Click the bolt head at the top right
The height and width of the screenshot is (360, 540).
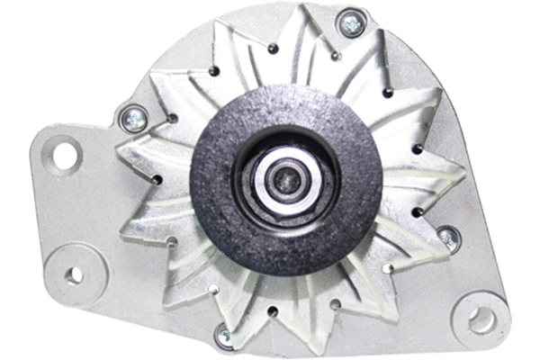coord(351,24)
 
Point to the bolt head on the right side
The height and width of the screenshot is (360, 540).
coord(447,238)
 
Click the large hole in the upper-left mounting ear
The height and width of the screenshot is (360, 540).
coord(65,155)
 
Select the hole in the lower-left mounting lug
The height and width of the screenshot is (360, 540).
coord(76,274)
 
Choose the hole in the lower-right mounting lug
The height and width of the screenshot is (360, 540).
coord(481,318)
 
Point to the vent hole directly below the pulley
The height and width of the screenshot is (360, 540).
coord(272,310)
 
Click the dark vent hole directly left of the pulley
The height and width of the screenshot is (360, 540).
coord(158,181)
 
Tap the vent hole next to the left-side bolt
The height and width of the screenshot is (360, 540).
coord(171,118)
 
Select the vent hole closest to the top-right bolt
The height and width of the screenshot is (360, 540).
coord(335,56)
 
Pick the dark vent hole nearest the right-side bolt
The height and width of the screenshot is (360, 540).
coord(418,212)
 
